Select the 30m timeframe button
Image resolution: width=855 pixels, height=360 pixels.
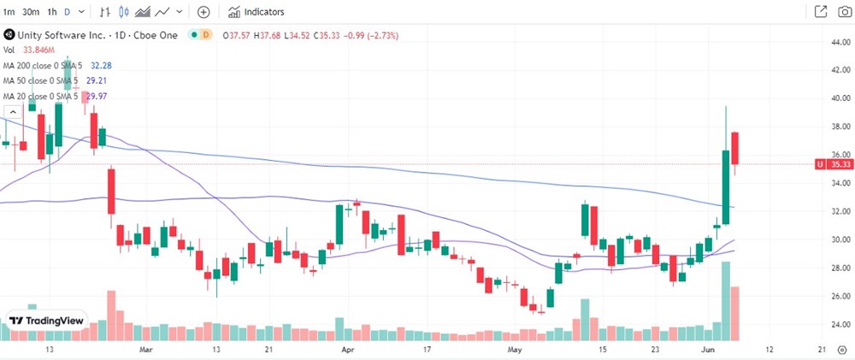click(x=31, y=12)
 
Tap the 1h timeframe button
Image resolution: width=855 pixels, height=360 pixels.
click(x=52, y=12)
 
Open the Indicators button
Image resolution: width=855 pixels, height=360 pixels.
click(x=256, y=12)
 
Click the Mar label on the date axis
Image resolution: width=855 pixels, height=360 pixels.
click(x=145, y=351)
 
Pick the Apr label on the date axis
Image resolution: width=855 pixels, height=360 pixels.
click(x=347, y=351)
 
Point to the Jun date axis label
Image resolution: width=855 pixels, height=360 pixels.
click(x=705, y=351)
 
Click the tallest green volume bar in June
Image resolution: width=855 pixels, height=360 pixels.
click(x=726, y=299)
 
